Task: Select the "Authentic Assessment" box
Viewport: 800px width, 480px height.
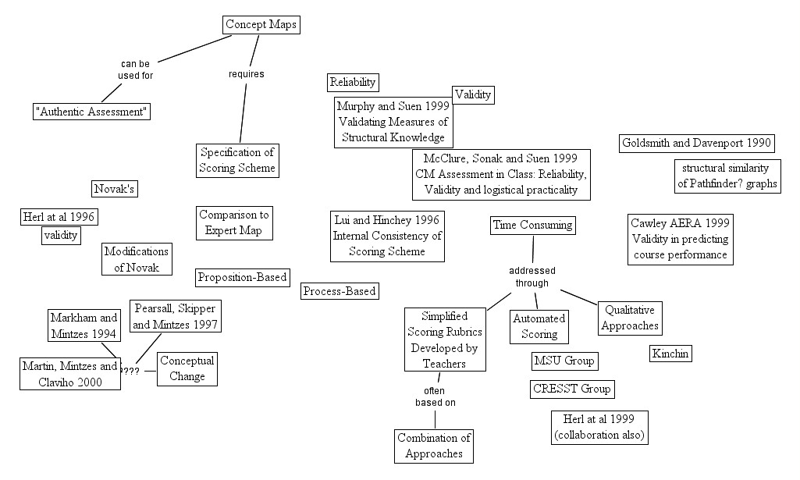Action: pos(92,111)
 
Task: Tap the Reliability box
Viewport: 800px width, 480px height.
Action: pos(353,82)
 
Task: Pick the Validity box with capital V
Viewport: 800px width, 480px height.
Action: pos(473,95)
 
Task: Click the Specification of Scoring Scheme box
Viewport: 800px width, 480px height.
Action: pos(237,160)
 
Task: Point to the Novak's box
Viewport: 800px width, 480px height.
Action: pos(115,189)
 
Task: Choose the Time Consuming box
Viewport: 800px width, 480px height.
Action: pos(533,226)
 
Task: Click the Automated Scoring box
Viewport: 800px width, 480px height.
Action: pos(539,326)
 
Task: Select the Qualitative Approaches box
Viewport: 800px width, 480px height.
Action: pos(630,318)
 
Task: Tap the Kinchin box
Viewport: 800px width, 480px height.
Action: pos(670,354)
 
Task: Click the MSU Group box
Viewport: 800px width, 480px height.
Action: pos(564,361)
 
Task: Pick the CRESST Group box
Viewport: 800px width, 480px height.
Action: pos(572,389)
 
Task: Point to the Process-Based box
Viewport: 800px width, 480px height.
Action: pos(340,291)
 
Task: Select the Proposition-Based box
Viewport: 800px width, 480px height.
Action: pos(243,277)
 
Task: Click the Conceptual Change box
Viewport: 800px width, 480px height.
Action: pos(187,368)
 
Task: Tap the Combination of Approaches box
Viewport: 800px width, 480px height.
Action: pos(434,446)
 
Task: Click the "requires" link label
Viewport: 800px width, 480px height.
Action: pos(246,74)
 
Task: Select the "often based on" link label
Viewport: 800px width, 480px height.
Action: pos(435,396)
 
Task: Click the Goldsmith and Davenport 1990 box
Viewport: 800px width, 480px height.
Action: pos(697,143)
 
